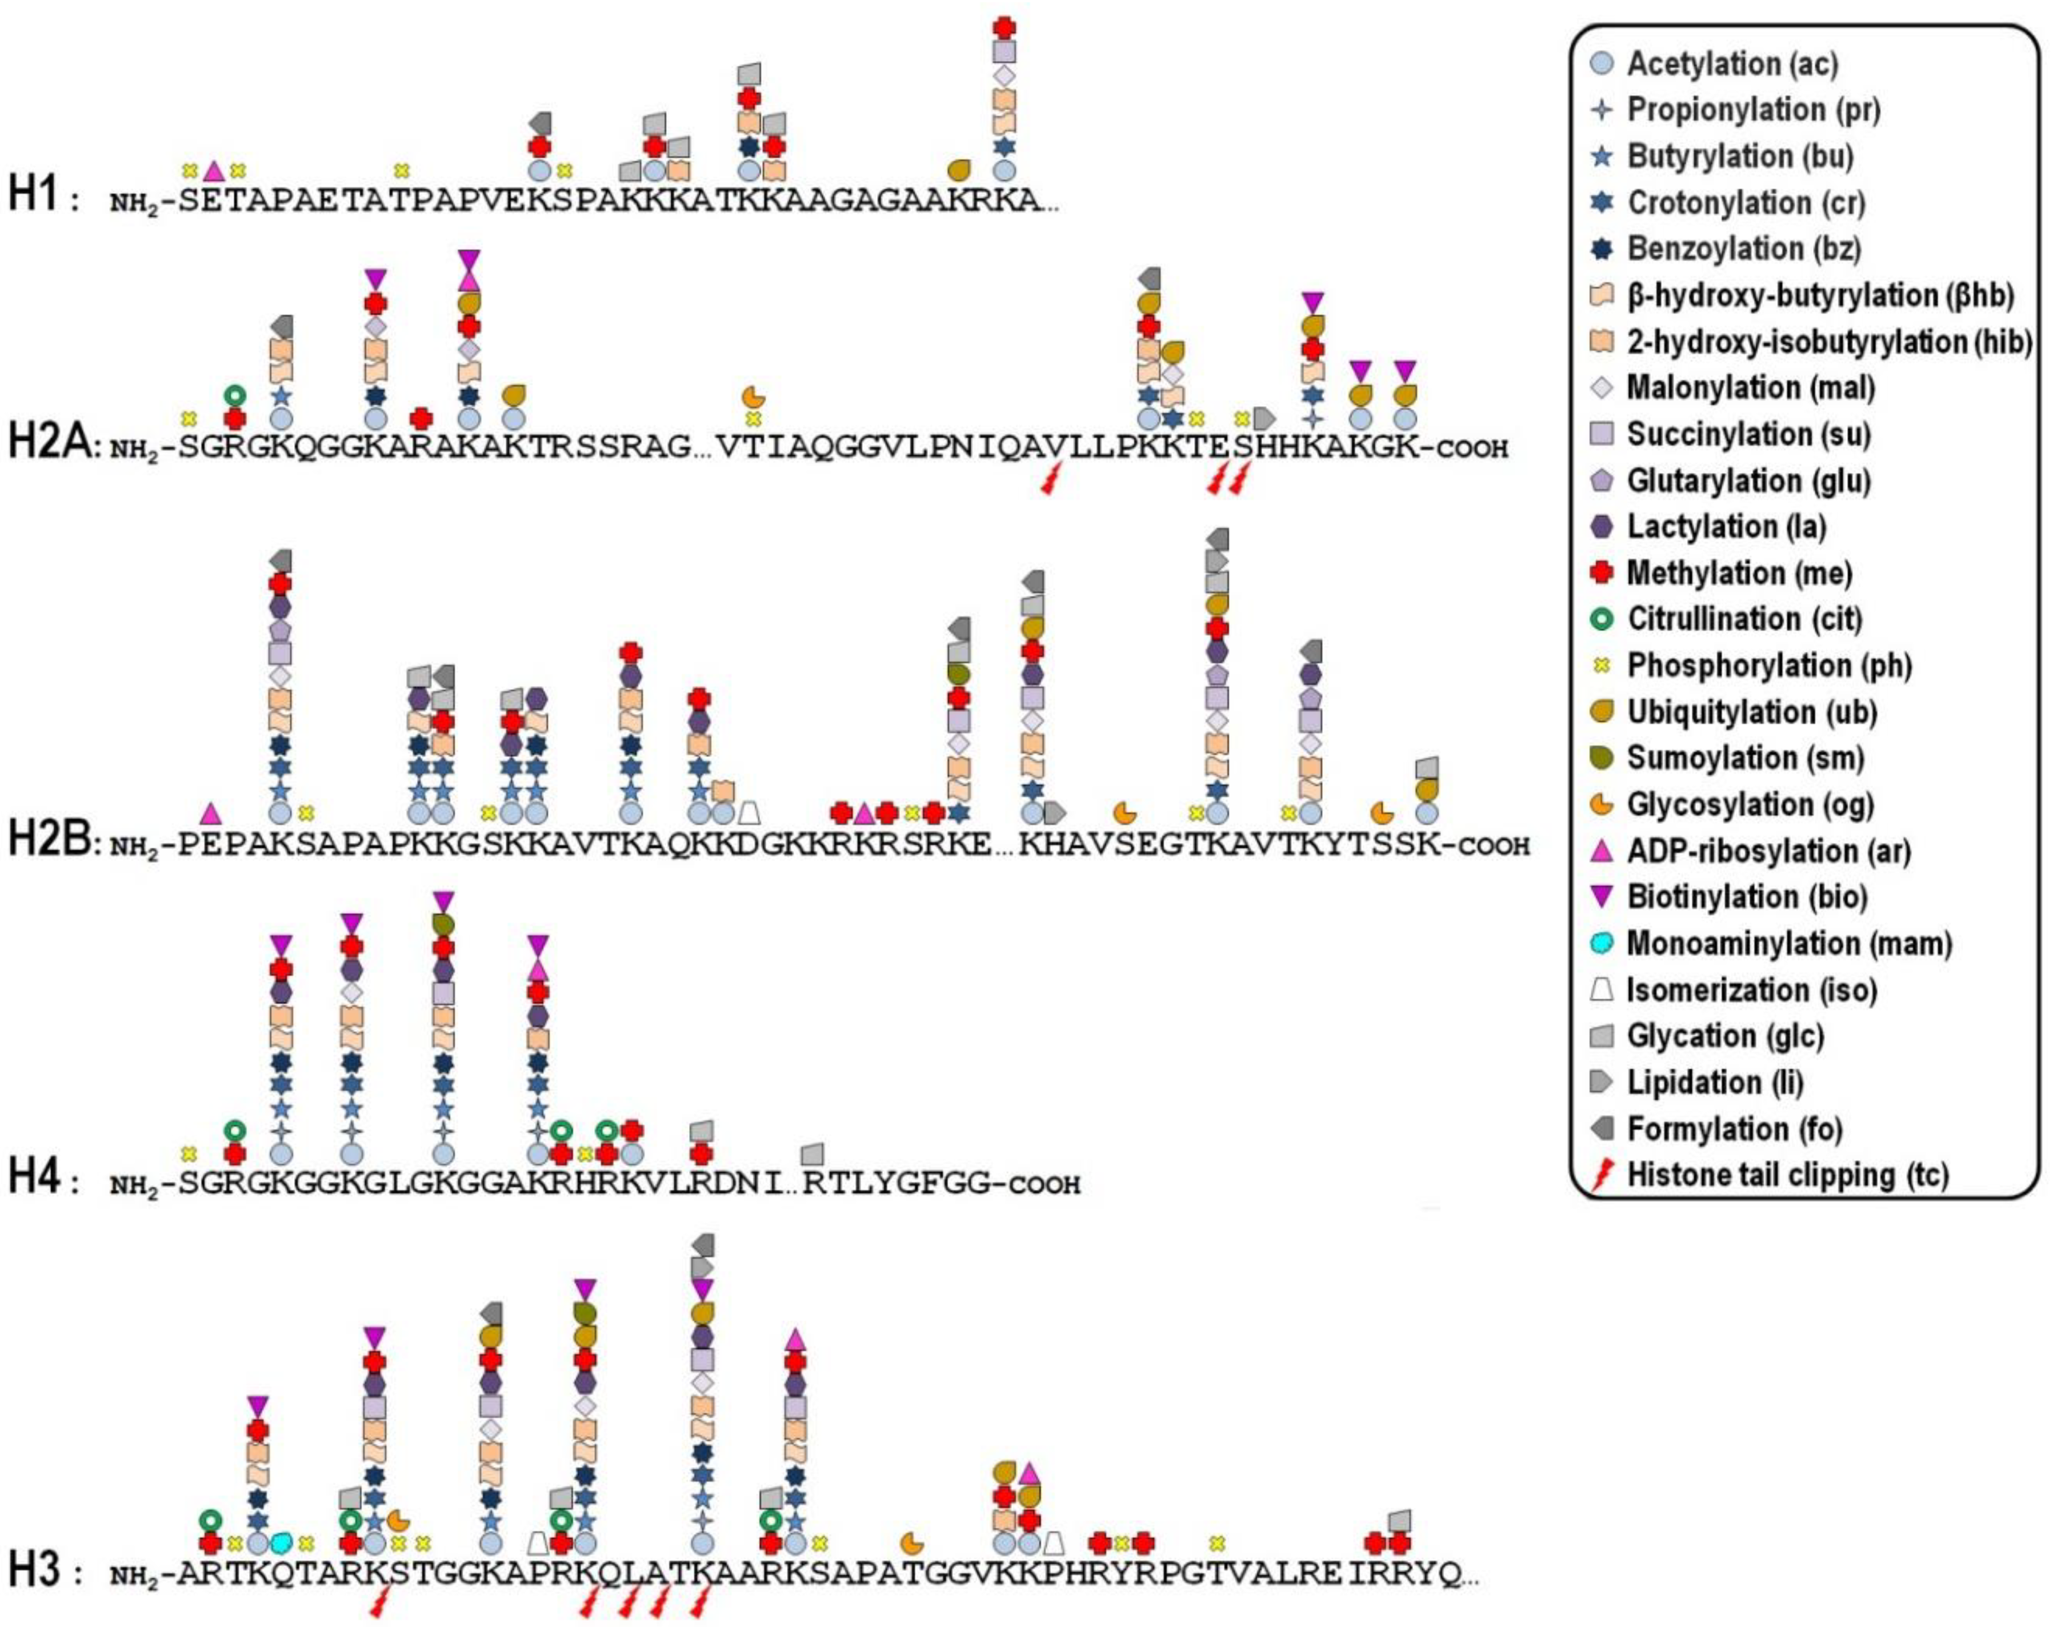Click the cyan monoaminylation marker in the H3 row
pos(280,1541)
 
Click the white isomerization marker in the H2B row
pos(749,812)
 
